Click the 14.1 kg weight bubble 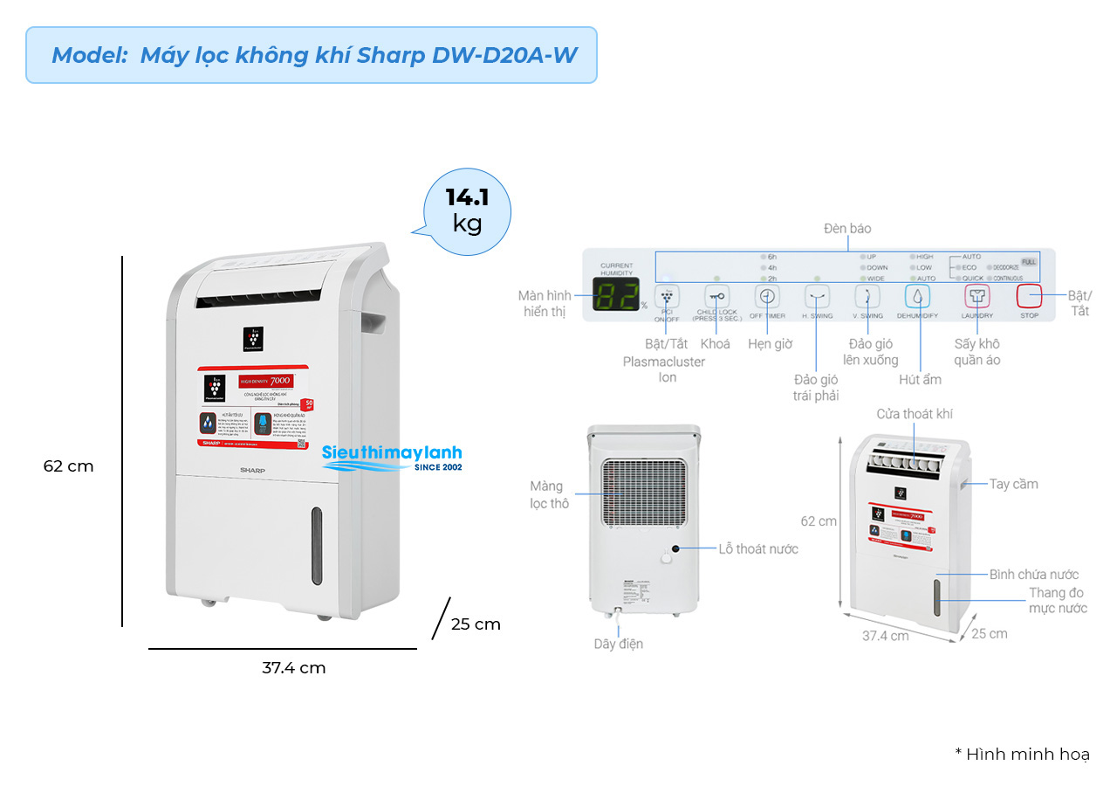[467, 210]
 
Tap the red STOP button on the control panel [1030, 296]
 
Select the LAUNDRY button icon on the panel [977, 296]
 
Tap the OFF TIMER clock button [767, 296]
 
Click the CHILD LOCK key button [716, 296]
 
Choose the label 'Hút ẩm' [920, 380]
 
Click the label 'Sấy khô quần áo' [977, 352]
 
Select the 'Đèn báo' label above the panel [847, 229]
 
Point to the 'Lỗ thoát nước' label [758, 548]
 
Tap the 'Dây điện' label [619, 644]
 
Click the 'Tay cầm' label [1013, 484]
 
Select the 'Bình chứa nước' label [1034, 574]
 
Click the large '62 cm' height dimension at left [68, 466]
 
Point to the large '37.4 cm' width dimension [293, 668]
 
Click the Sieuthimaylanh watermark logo [392, 458]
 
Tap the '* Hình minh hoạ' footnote [1022, 755]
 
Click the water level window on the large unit [317, 546]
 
